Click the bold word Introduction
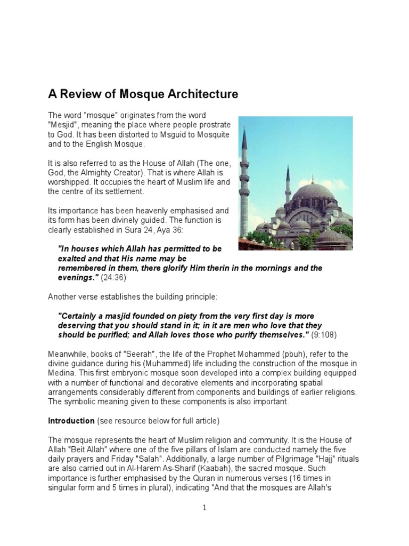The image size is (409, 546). [71, 421]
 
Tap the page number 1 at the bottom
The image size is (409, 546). [204, 508]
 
